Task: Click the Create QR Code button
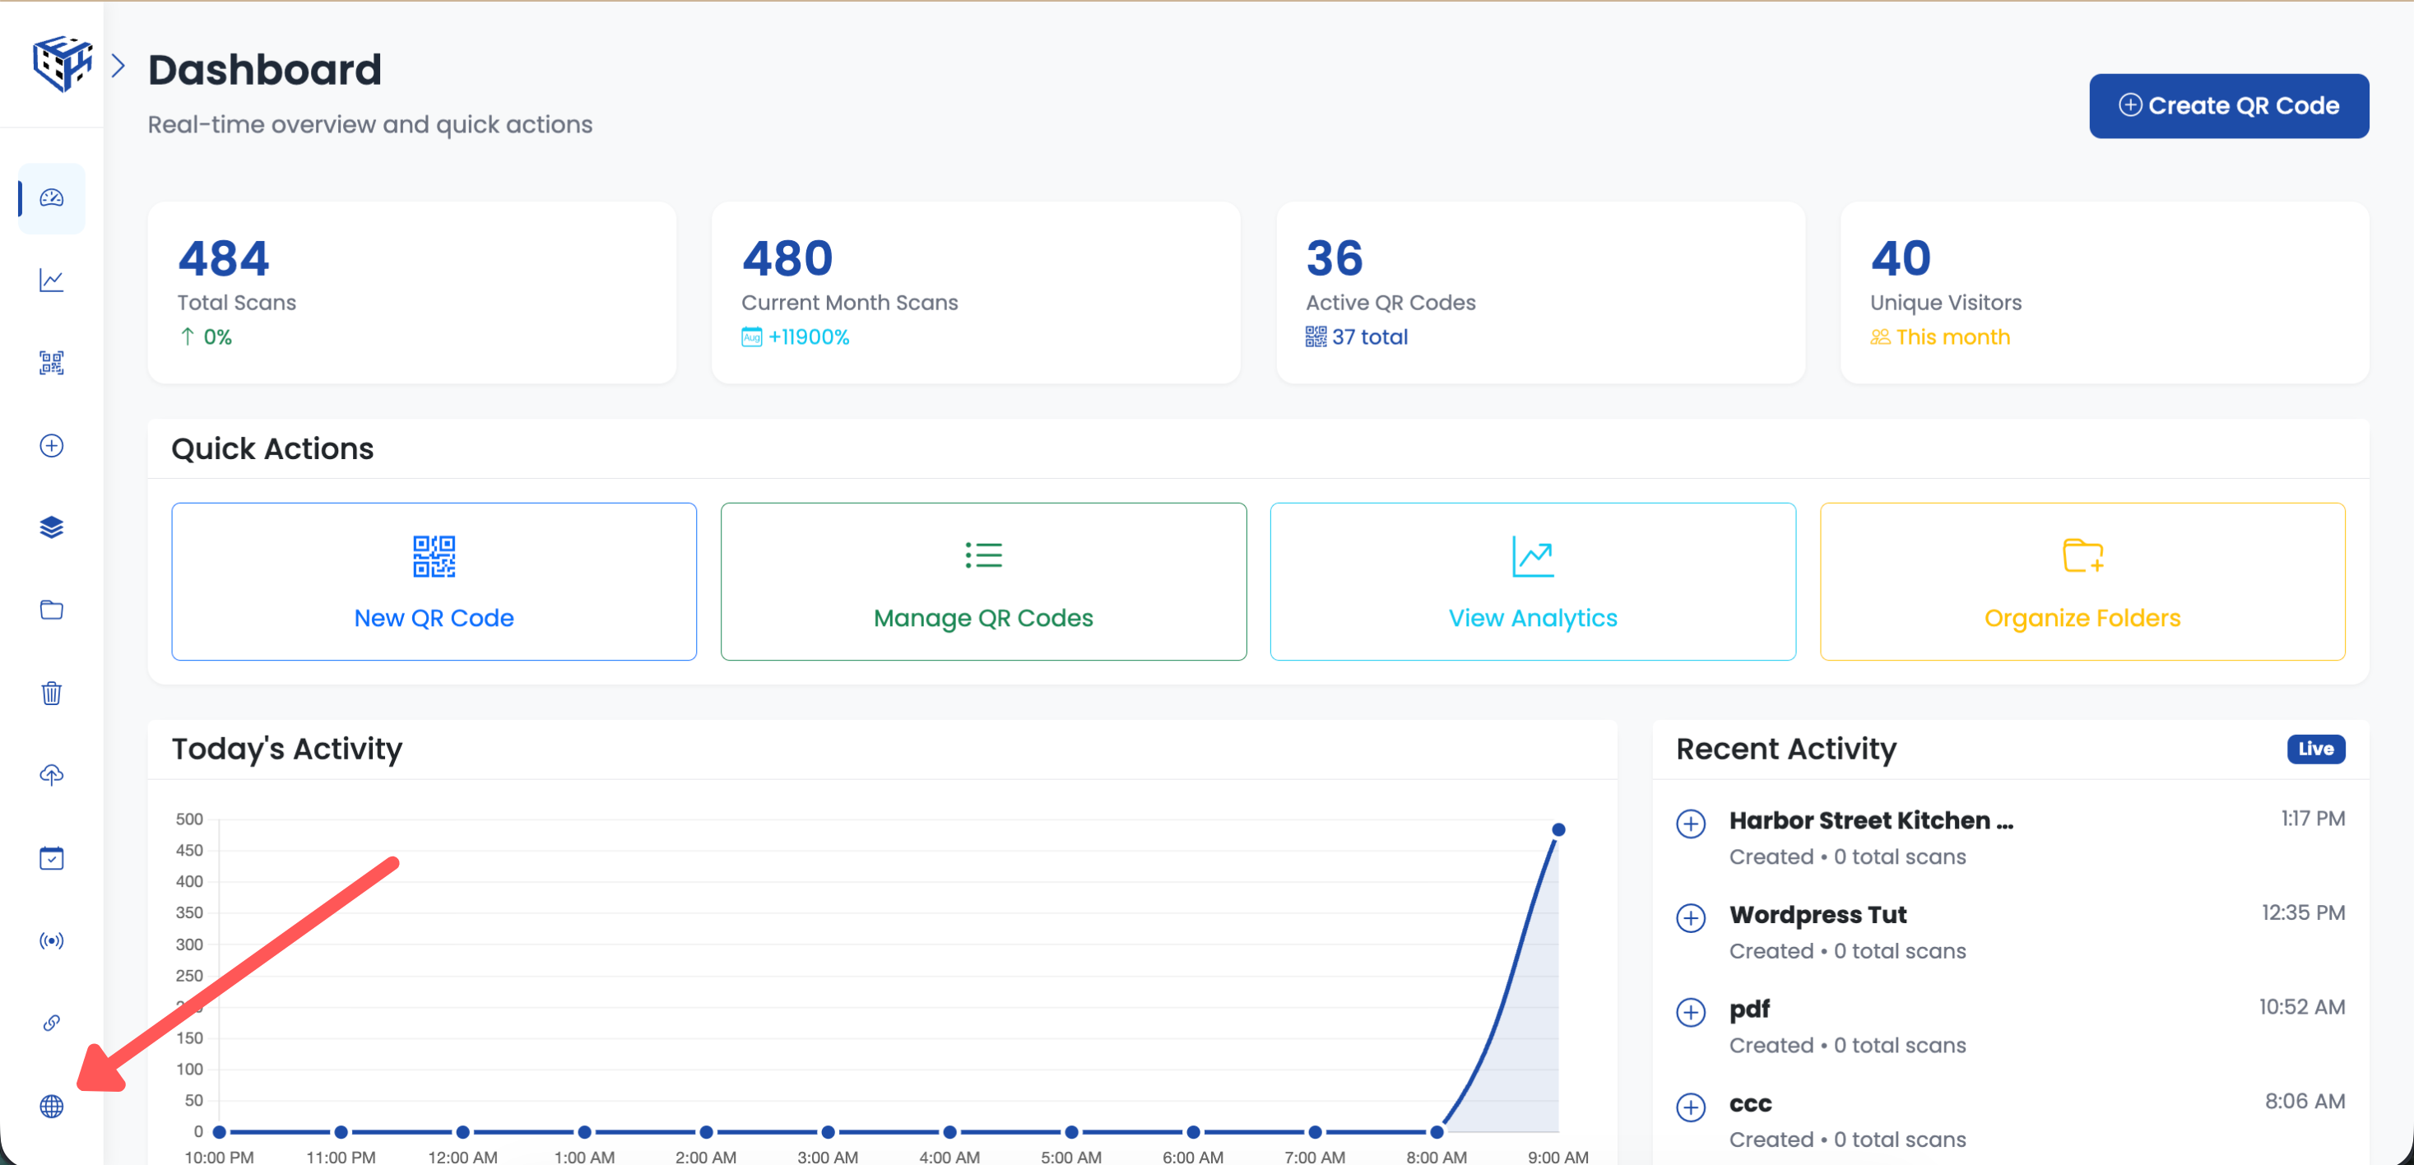tap(2228, 106)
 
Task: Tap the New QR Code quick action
tap(434, 581)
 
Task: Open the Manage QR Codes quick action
tap(983, 581)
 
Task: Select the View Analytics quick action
tap(1532, 581)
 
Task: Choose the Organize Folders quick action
tap(2082, 581)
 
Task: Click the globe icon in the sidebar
tap(52, 1106)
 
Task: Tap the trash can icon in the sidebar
tap(52, 693)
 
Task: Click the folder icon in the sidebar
tap(52, 610)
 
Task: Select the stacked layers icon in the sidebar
tap(52, 527)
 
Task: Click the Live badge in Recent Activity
tap(2314, 749)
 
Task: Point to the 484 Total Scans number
tap(224, 258)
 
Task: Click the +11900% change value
tap(808, 337)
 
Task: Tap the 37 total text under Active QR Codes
tap(1369, 337)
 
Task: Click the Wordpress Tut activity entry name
tap(1817, 915)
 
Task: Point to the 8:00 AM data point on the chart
tap(1437, 1132)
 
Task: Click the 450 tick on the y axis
tap(189, 850)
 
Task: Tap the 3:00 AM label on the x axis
tap(828, 1157)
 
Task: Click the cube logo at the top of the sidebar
tap(62, 63)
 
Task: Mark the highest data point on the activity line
tap(1558, 829)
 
